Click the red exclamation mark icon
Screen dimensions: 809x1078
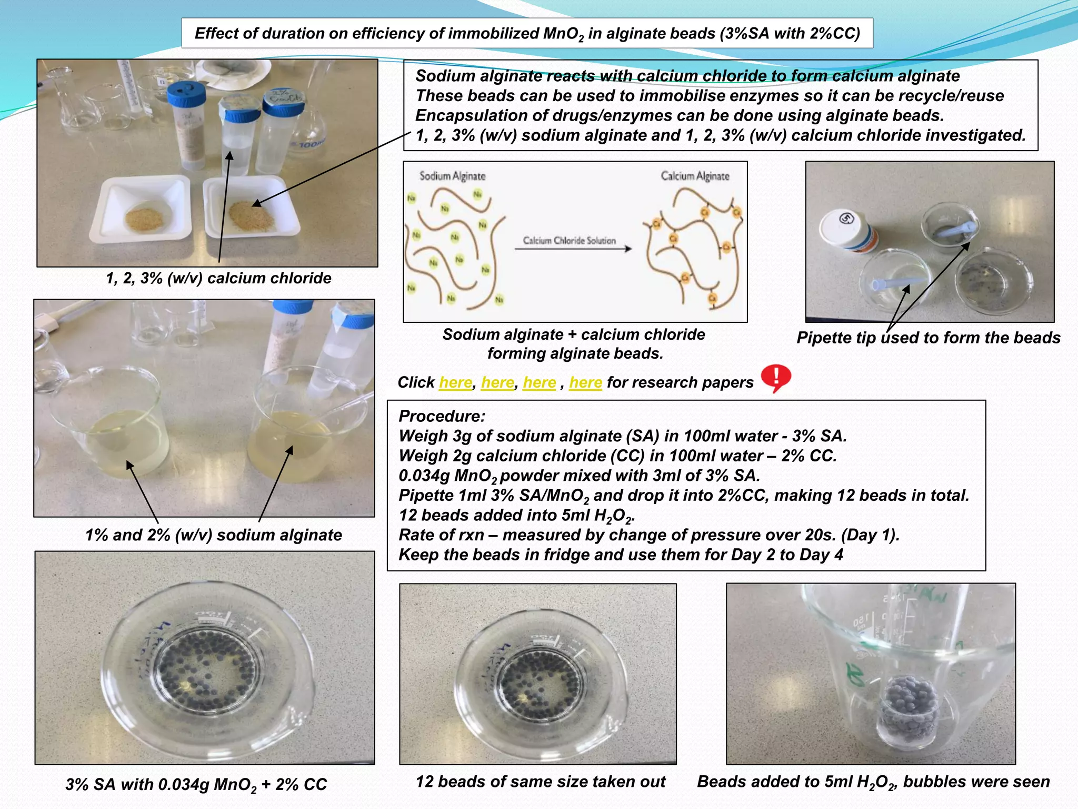[x=775, y=378]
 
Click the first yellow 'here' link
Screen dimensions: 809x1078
[x=455, y=382]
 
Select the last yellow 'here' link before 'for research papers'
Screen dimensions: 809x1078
[x=585, y=382]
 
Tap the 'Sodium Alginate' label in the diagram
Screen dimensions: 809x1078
[x=452, y=176]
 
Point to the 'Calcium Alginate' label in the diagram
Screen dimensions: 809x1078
[x=695, y=176]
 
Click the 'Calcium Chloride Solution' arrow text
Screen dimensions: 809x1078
[x=569, y=241]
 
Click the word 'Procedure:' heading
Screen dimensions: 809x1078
[x=442, y=416]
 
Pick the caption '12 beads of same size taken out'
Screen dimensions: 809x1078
[x=541, y=782]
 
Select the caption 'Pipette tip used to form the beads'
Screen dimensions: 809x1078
[x=928, y=338]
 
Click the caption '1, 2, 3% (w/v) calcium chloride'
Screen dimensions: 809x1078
[x=218, y=278]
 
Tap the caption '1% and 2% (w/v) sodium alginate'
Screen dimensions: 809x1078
[x=213, y=535]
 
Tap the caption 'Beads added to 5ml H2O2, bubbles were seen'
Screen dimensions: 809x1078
[x=873, y=782]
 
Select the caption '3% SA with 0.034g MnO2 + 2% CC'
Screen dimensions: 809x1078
[x=196, y=785]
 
